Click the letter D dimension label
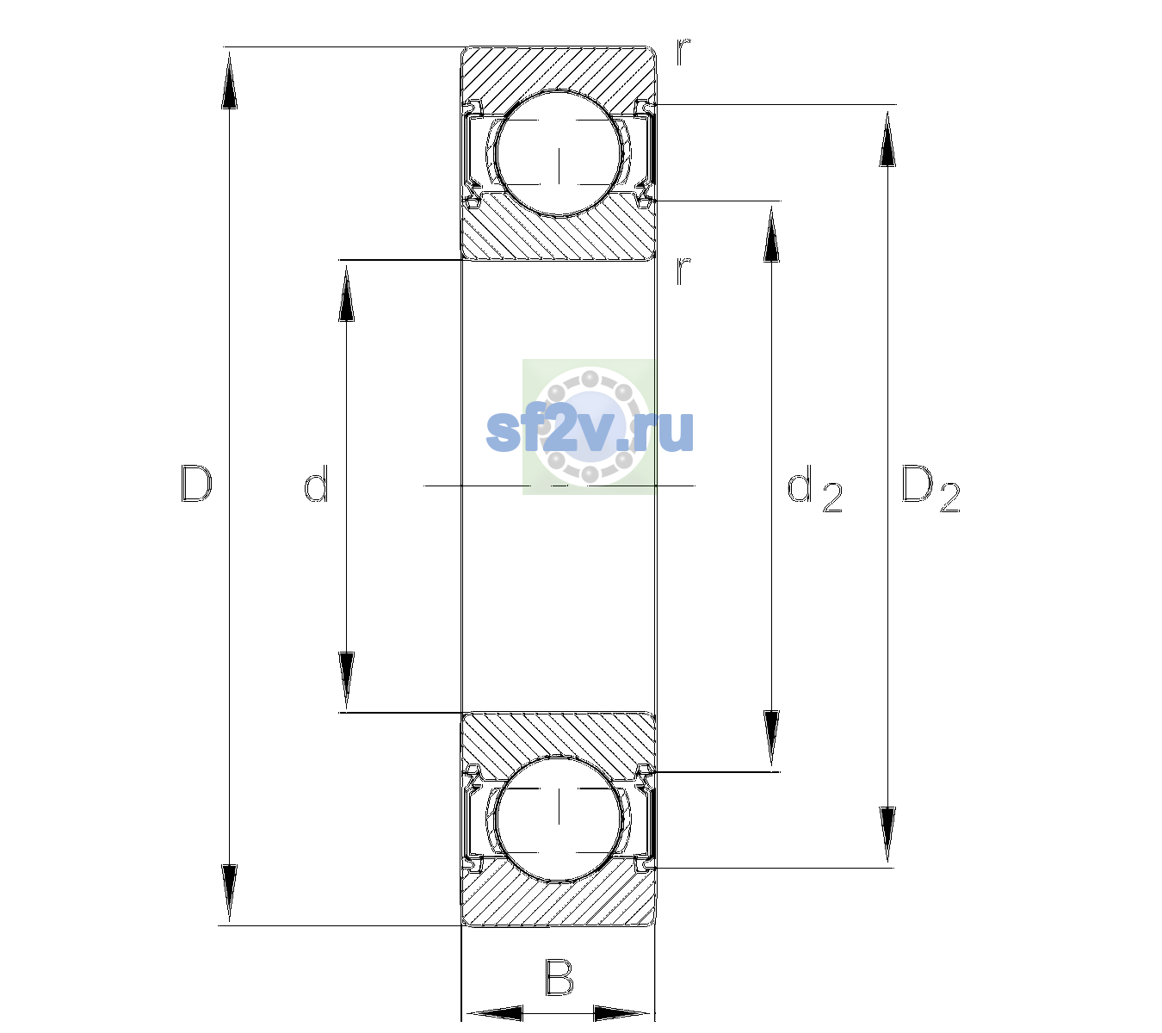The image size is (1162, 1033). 197,484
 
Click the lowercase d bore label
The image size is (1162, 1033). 316,484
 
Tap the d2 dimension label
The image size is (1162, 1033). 814,488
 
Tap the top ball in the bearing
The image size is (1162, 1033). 559,153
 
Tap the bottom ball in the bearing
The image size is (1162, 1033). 559,818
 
